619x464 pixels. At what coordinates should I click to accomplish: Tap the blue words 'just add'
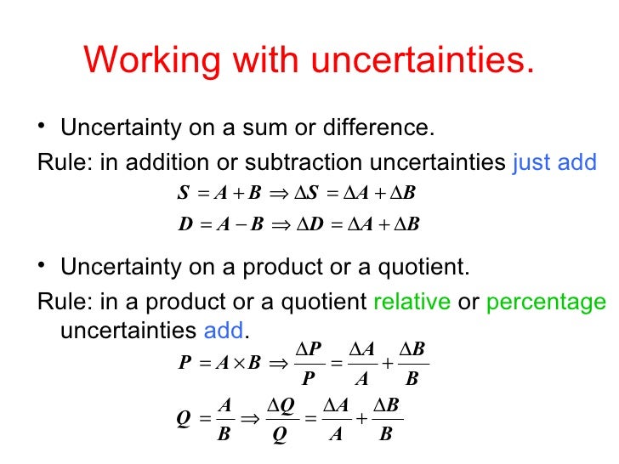pyautogui.click(x=555, y=162)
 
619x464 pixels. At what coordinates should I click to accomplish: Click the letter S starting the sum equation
pyautogui.click(x=183, y=193)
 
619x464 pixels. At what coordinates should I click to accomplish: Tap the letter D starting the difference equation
pyautogui.click(x=185, y=226)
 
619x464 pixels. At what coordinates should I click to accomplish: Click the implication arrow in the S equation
pyautogui.click(x=279, y=193)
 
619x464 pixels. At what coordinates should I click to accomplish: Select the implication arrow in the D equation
pyautogui.click(x=280, y=226)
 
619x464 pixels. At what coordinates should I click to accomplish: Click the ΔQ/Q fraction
pyautogui.click(x=280, y=419)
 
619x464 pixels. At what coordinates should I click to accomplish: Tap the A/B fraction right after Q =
pyautogui.click(x=224, y=419)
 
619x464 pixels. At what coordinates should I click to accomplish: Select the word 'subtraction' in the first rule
pyautogui.click(x=298, y=162)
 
